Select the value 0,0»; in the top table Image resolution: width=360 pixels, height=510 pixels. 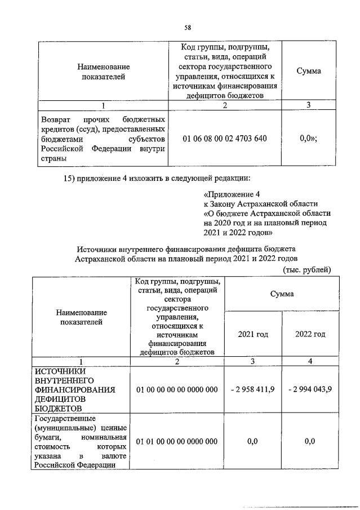pos(309,138)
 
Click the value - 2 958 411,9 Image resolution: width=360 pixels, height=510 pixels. pos(252,389)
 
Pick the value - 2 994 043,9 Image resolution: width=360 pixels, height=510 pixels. pos(309,389)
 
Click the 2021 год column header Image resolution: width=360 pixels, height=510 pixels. pos(253,334)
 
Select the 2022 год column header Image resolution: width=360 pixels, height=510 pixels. pos(310,334)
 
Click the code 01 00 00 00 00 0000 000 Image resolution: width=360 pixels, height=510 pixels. pos(177,389)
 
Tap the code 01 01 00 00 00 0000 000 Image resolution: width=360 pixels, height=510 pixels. pos(177,441)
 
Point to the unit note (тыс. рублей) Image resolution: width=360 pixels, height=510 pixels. pos(306,269)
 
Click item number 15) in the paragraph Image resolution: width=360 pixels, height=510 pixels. pos(66,179)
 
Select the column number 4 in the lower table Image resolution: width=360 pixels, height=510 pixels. pos(310,361)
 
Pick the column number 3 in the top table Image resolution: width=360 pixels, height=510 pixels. pos(308,105)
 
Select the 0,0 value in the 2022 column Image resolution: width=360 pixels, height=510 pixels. pos(309,441)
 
